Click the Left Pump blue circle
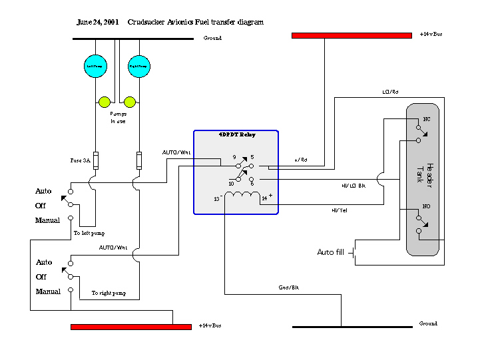[95, 66]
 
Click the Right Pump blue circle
[138, 66]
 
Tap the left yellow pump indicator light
[105, 102]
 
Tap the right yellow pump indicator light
[130, 102]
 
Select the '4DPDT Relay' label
[237, 134]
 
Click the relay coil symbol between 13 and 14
[242, 195]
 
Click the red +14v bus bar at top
[352, 35]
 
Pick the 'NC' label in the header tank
[418, 120]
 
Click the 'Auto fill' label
[330, 252]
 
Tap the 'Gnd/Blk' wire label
[288, 287]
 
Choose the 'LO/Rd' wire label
[389, 92]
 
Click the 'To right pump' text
[109, 293]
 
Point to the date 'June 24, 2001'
[98, 22]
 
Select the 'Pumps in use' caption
[118, 117]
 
